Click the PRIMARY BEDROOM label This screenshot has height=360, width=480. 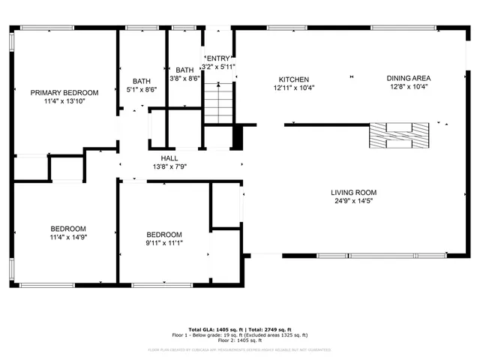click(64, 93)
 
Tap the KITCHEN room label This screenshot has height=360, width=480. click(294, 79)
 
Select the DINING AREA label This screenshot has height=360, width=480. click(409, 78)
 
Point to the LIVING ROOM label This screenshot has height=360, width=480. click(353, 193)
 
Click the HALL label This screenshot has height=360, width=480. click(169, 158)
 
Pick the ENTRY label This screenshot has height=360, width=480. click(218, 58)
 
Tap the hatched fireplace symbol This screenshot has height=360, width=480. click(400, 136)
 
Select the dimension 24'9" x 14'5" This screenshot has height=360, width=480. click(353, 201)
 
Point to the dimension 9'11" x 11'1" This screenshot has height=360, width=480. click(164, 242)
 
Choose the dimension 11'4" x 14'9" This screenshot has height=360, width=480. click(68, 237)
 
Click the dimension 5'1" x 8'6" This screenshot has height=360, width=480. click(142, 89)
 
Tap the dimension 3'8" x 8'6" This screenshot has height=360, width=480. click(184, 78)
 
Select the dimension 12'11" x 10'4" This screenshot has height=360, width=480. click(294, 87)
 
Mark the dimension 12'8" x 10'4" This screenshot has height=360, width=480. click(409, 86)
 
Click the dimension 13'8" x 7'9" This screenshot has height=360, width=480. click(169, 166)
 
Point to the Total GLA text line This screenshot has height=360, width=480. click(240, 330)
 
